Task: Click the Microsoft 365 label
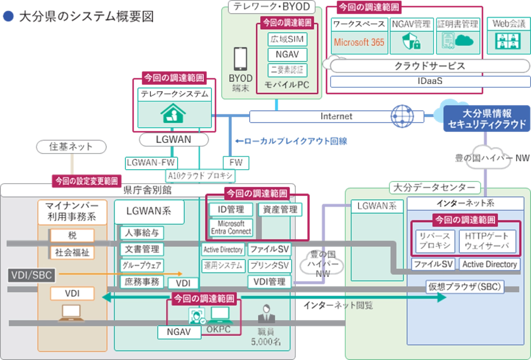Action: tap(359, 42)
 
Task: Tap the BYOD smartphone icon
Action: tap(241, 59)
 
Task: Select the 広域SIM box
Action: tap(287, 40)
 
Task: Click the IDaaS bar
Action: tap(430, 81)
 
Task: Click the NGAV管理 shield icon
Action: tap(411, 41)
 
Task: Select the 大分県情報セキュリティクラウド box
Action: tap(486, 118)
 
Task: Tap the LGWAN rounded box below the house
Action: tap(173, 140)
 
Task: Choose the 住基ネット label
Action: tap(71, 146)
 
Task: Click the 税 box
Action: tap(72, 236)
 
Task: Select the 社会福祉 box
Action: tap(72, 252)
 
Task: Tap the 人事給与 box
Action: tap(142, 233)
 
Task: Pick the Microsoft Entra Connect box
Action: tap(231, 227)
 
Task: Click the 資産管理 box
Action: tap(280, 210)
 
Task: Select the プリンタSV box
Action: tap(269, 266)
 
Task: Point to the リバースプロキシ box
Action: tap(434, 242)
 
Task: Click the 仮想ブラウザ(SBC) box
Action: tap(465, 287)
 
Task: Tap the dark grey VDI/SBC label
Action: tap(31, 275)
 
